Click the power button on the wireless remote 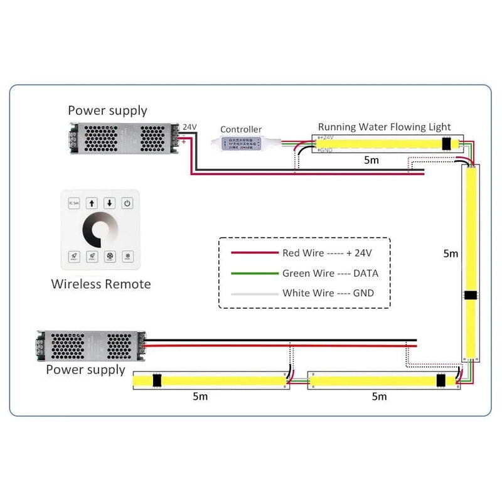(127, 203)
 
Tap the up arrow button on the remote (92, 203)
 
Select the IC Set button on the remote (74, 203)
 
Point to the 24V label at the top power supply (190, 127)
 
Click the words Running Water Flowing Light (384, 127)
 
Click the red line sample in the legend (254, 253)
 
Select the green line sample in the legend (254, 273)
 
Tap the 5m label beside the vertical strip (451, 254)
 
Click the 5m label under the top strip (371, 161)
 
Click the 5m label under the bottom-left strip (201, 397)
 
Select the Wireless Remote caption (100, 284)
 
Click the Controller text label (241, 129)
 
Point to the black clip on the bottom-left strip (157, 380)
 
